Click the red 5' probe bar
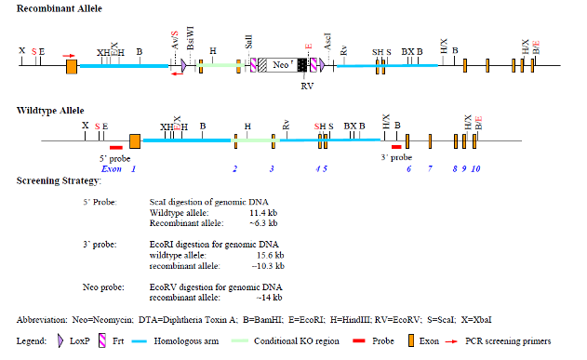tap(115, 147)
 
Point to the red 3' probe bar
tap(396, 147)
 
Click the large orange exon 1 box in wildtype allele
tap(135, 140)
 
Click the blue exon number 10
tap(476, 168)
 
